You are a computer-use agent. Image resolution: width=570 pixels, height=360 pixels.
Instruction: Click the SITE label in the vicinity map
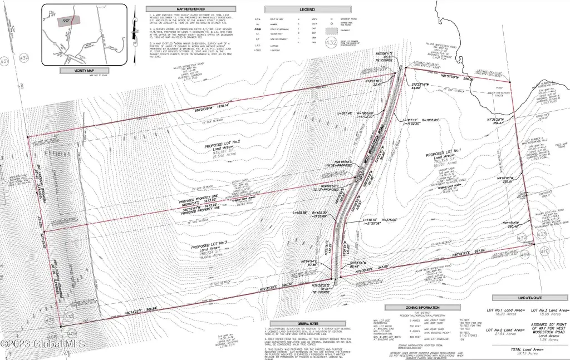pyautogui.click(x=66, y=19)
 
